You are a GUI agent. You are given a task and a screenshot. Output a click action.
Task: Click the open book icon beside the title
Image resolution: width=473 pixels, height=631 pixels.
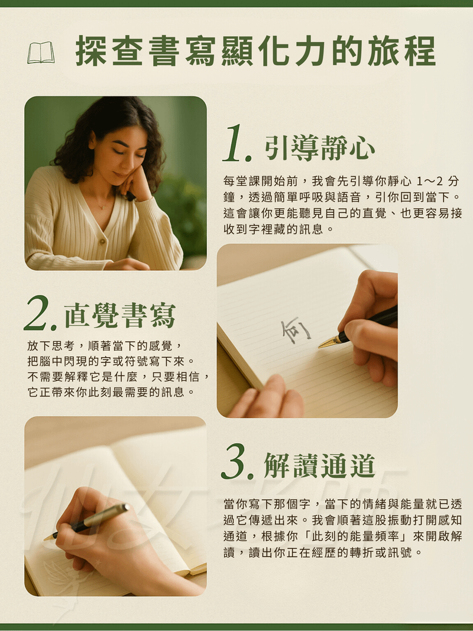(41, 53)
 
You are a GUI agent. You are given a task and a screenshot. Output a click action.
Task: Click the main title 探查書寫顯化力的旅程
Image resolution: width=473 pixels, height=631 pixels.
(255, 51)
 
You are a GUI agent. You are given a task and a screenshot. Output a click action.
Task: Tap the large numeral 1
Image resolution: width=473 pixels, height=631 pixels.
(237, 144)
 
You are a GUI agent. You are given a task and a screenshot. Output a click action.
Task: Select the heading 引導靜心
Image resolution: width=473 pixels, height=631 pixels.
(320, 148)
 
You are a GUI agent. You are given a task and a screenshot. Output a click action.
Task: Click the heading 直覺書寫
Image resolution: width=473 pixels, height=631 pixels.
(120, 316)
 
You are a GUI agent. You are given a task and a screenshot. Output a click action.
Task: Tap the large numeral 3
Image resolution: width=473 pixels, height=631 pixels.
(238, 462)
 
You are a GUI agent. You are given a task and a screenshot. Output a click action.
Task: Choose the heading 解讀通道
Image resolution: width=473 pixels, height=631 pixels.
(320, 465)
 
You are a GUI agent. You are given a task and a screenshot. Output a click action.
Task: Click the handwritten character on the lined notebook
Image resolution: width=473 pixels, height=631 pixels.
(296, 331)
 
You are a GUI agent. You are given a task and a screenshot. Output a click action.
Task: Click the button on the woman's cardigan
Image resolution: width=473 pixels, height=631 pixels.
(102, 241)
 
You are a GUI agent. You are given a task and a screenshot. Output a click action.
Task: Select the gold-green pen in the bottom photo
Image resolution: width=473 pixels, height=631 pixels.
(86, 522)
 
